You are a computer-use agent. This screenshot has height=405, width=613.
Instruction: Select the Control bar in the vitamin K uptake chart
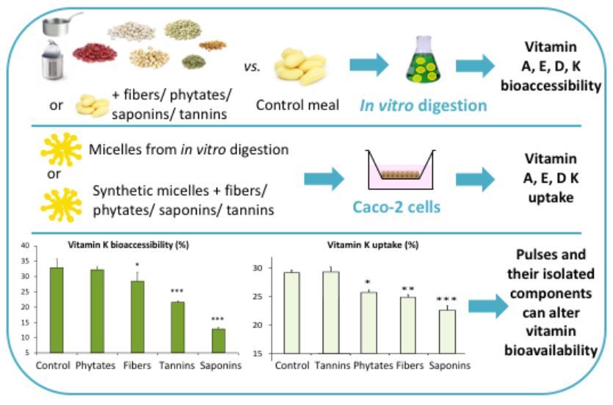(292, 313)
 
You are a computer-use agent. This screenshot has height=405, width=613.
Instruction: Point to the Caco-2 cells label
(404, 207)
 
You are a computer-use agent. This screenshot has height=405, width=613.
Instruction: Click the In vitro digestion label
(424, 105)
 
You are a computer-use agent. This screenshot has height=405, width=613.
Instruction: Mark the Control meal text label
(297, 106)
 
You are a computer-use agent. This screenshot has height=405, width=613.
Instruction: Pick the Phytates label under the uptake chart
(373, 365)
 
